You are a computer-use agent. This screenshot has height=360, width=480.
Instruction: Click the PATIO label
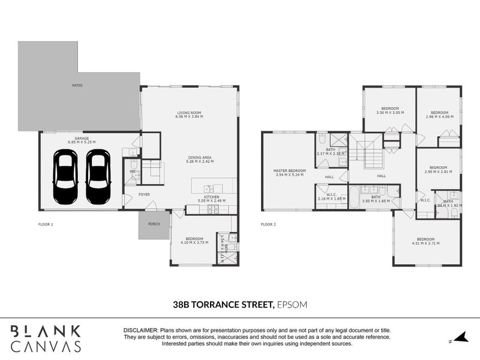(77, 86)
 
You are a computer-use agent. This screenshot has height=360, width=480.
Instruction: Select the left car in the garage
(65, 176)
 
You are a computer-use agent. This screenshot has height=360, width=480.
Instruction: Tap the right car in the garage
(98, 176)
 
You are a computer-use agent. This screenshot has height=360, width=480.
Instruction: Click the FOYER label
(144, 194)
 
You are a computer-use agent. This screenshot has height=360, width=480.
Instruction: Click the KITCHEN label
(211, 197)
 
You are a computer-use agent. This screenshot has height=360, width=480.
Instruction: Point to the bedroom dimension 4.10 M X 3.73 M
(194, 242)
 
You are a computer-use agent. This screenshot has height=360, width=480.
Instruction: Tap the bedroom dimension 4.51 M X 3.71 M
(425, 243)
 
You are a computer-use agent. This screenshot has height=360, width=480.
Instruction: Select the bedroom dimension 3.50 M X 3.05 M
(389, 112)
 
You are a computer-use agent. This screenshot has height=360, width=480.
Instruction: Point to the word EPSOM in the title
(292, 305)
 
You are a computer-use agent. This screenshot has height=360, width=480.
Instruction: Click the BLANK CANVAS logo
(46, 337)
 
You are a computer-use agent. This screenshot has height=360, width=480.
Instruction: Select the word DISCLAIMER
(140, 331)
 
